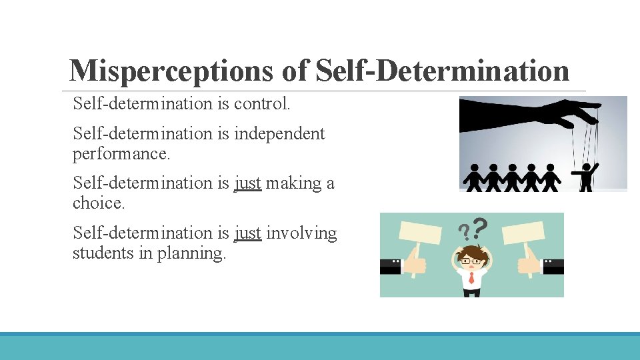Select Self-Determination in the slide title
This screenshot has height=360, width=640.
click(x=442, y=71)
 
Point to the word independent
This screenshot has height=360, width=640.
click(x=279, y=134)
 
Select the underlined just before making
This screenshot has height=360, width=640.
click(x=247, y=183)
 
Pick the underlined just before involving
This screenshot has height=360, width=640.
click(x=247, y=233)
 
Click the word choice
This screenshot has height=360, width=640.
click(x=98, y=203)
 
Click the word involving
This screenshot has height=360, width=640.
click(x=301, y=233)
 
